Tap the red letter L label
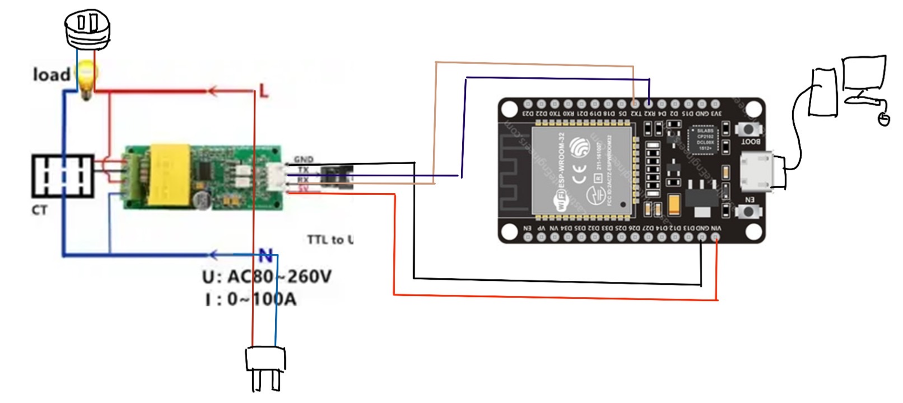(x=263, y=91)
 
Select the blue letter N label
(x=266, y=256)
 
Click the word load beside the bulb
(x=51, y=75)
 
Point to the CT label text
(x=40, y=210)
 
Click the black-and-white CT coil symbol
(x=63, y=176)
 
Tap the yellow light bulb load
(x=86, y=78)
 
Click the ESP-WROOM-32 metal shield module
(x=582, y=170)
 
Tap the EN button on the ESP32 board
(x=748, y=211)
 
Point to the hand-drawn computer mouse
(x=884, y=119)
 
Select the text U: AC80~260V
(x=267, y=276)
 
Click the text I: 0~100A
(x=251, y=299)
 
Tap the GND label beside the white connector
(x=303, y=159)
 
